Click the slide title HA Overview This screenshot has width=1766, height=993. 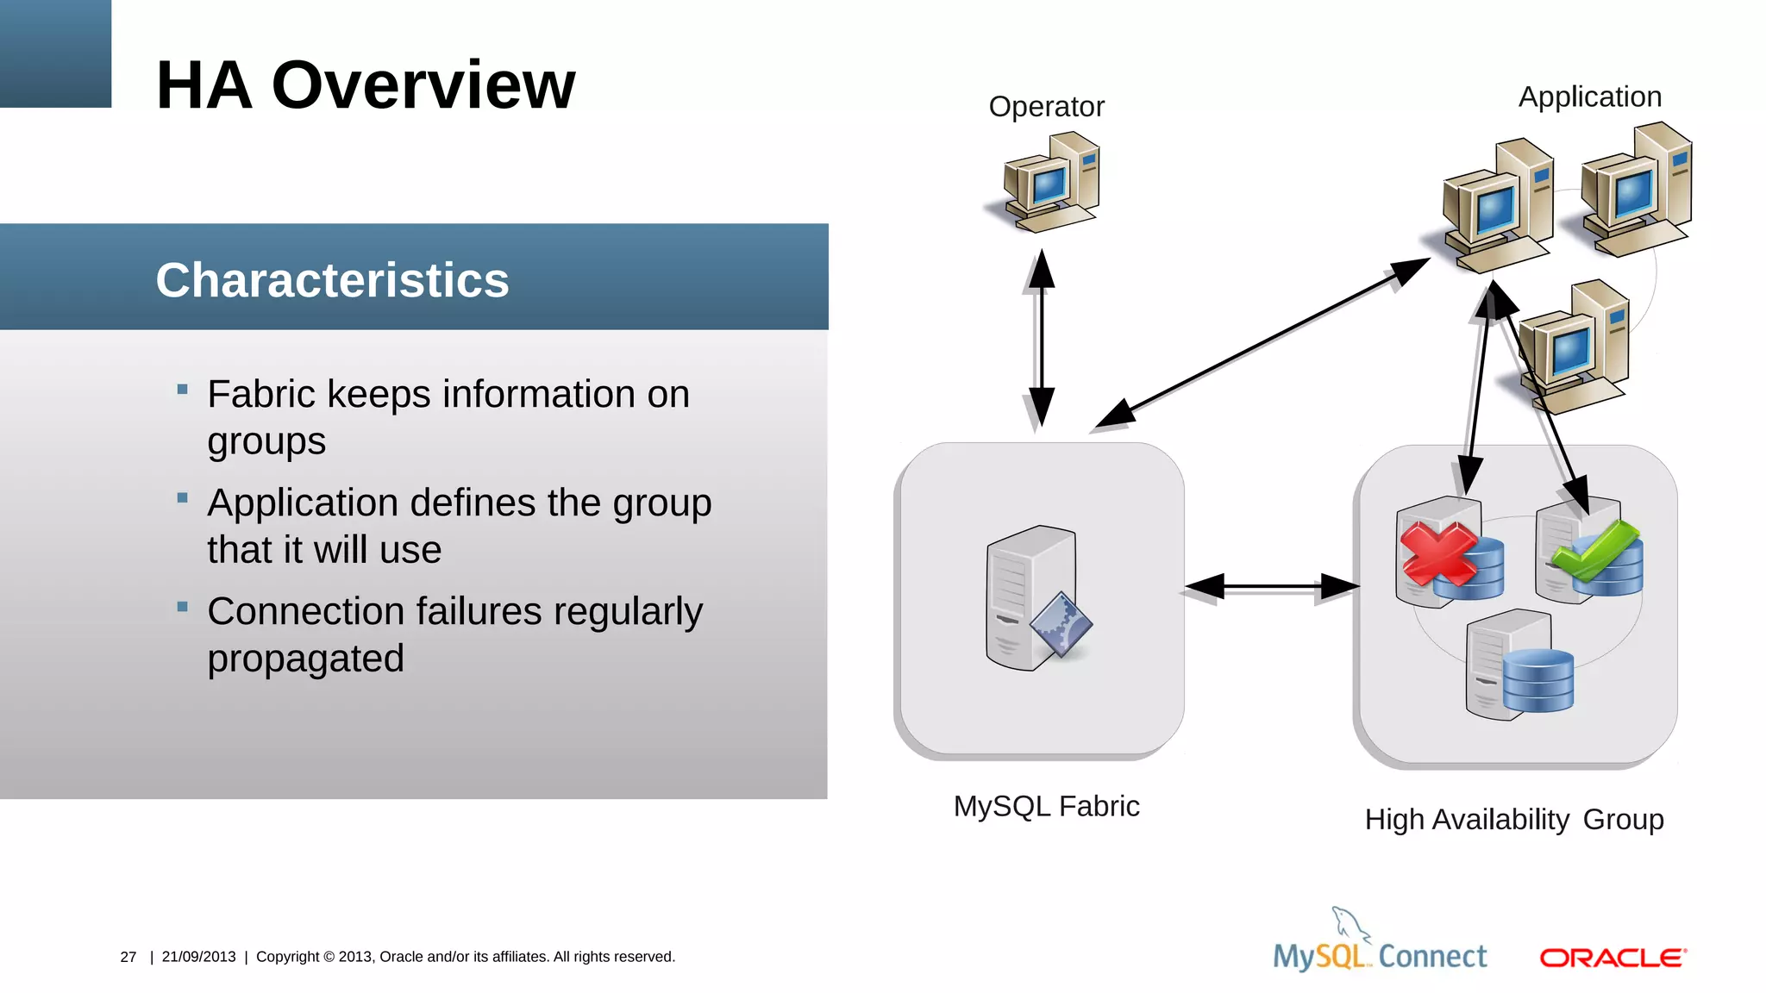365,85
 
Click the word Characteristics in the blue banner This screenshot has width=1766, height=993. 332,280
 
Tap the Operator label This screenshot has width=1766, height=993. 1046,107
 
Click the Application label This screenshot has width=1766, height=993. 1589,97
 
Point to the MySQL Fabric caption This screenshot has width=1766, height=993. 1046,807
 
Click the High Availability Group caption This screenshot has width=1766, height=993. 1513,820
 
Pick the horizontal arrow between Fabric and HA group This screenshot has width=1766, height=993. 1271,587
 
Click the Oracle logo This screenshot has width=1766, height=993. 1613,958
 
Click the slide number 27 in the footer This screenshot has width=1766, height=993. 128,958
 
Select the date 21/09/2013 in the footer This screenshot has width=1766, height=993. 198,958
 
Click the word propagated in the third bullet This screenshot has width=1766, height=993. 305,659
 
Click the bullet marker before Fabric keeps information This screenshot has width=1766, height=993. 182,390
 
